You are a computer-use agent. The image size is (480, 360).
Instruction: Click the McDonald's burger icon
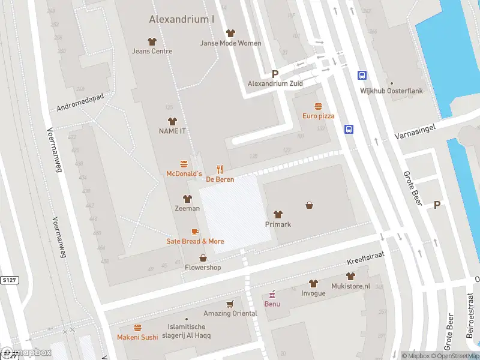tap(184, 164)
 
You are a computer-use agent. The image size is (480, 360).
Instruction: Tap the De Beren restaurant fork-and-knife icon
tap(220, 169)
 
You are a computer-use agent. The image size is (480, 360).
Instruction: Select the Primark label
tap(278, 224)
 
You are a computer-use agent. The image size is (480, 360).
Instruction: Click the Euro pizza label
tap(318, 116)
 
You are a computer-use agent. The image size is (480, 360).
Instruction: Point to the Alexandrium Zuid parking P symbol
tap(275, 74)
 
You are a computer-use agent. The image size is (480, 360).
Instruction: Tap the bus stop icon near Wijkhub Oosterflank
tap(362, 75)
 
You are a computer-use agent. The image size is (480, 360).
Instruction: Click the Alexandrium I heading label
tap(182, 19)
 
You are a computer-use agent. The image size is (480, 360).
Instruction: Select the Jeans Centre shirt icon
tap(152, 41)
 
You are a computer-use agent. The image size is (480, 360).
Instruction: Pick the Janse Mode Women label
tap(231, 43)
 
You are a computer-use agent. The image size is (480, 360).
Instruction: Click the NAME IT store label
tap(172, 131)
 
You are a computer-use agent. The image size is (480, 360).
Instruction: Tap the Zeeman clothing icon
tap(187, 199)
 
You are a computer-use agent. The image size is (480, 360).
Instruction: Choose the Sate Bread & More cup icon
tap(195, 232)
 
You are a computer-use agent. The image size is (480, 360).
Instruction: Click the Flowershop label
tap(203, 268)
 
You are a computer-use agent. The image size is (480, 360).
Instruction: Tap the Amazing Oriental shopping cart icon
tap(229, 304)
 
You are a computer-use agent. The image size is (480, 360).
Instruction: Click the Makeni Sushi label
tap(137, 337)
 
